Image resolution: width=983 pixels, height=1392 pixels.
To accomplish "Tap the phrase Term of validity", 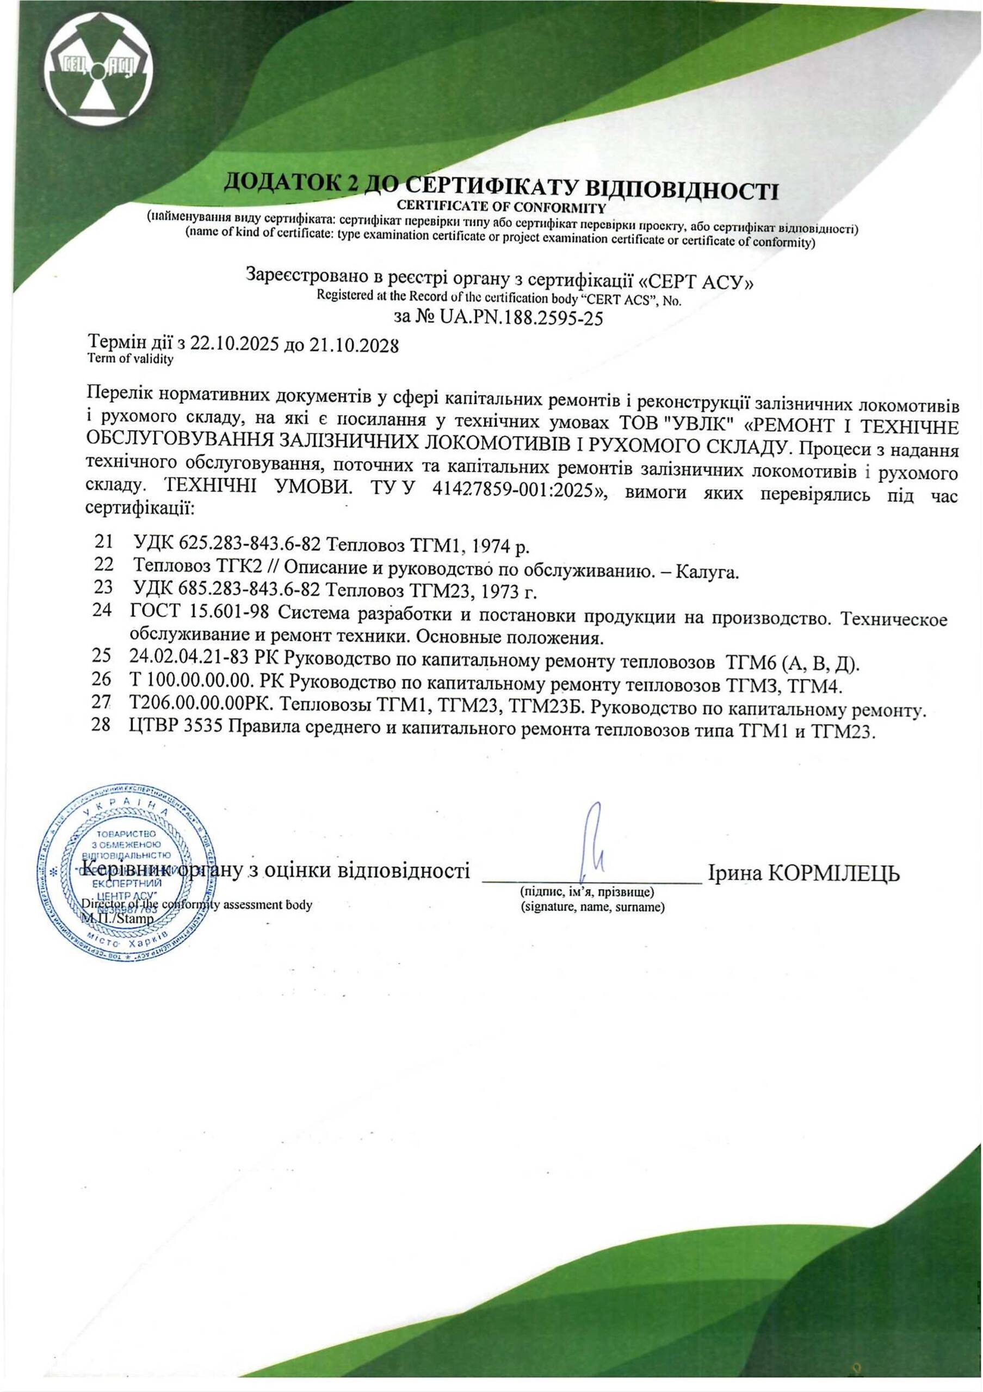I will (131, 358).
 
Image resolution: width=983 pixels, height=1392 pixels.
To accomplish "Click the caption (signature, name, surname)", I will (592, 908).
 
